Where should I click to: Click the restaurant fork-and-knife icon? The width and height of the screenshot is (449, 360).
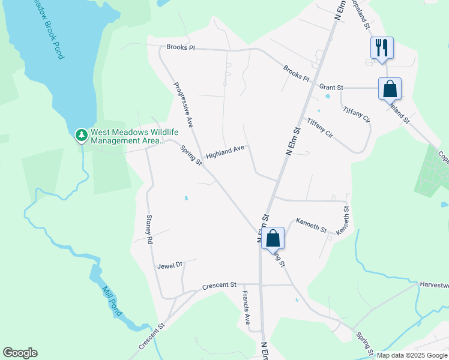click(382, 47)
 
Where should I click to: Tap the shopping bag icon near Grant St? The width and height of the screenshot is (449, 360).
click(390, 88)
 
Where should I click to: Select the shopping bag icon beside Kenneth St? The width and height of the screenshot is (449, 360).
click(273, 238)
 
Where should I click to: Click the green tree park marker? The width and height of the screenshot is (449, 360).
click(81, 136)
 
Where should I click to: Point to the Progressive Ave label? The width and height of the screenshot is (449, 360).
click(182, 104)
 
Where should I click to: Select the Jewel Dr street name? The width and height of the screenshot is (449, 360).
click(169, 265)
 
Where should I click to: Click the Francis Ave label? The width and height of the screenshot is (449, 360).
click(246, 307)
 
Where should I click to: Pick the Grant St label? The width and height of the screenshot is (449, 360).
click(331, 88)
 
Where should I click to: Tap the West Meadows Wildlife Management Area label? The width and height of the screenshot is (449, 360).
click(126, 136)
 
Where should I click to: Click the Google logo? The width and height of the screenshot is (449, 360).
click(20, 353)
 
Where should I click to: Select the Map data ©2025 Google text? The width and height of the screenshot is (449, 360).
click(412, 355)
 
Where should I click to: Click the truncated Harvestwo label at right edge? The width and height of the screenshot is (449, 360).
click(433, 285)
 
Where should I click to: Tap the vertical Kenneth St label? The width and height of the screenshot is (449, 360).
click(343, 221)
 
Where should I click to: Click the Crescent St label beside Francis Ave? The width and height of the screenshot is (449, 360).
click(220, 286)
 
